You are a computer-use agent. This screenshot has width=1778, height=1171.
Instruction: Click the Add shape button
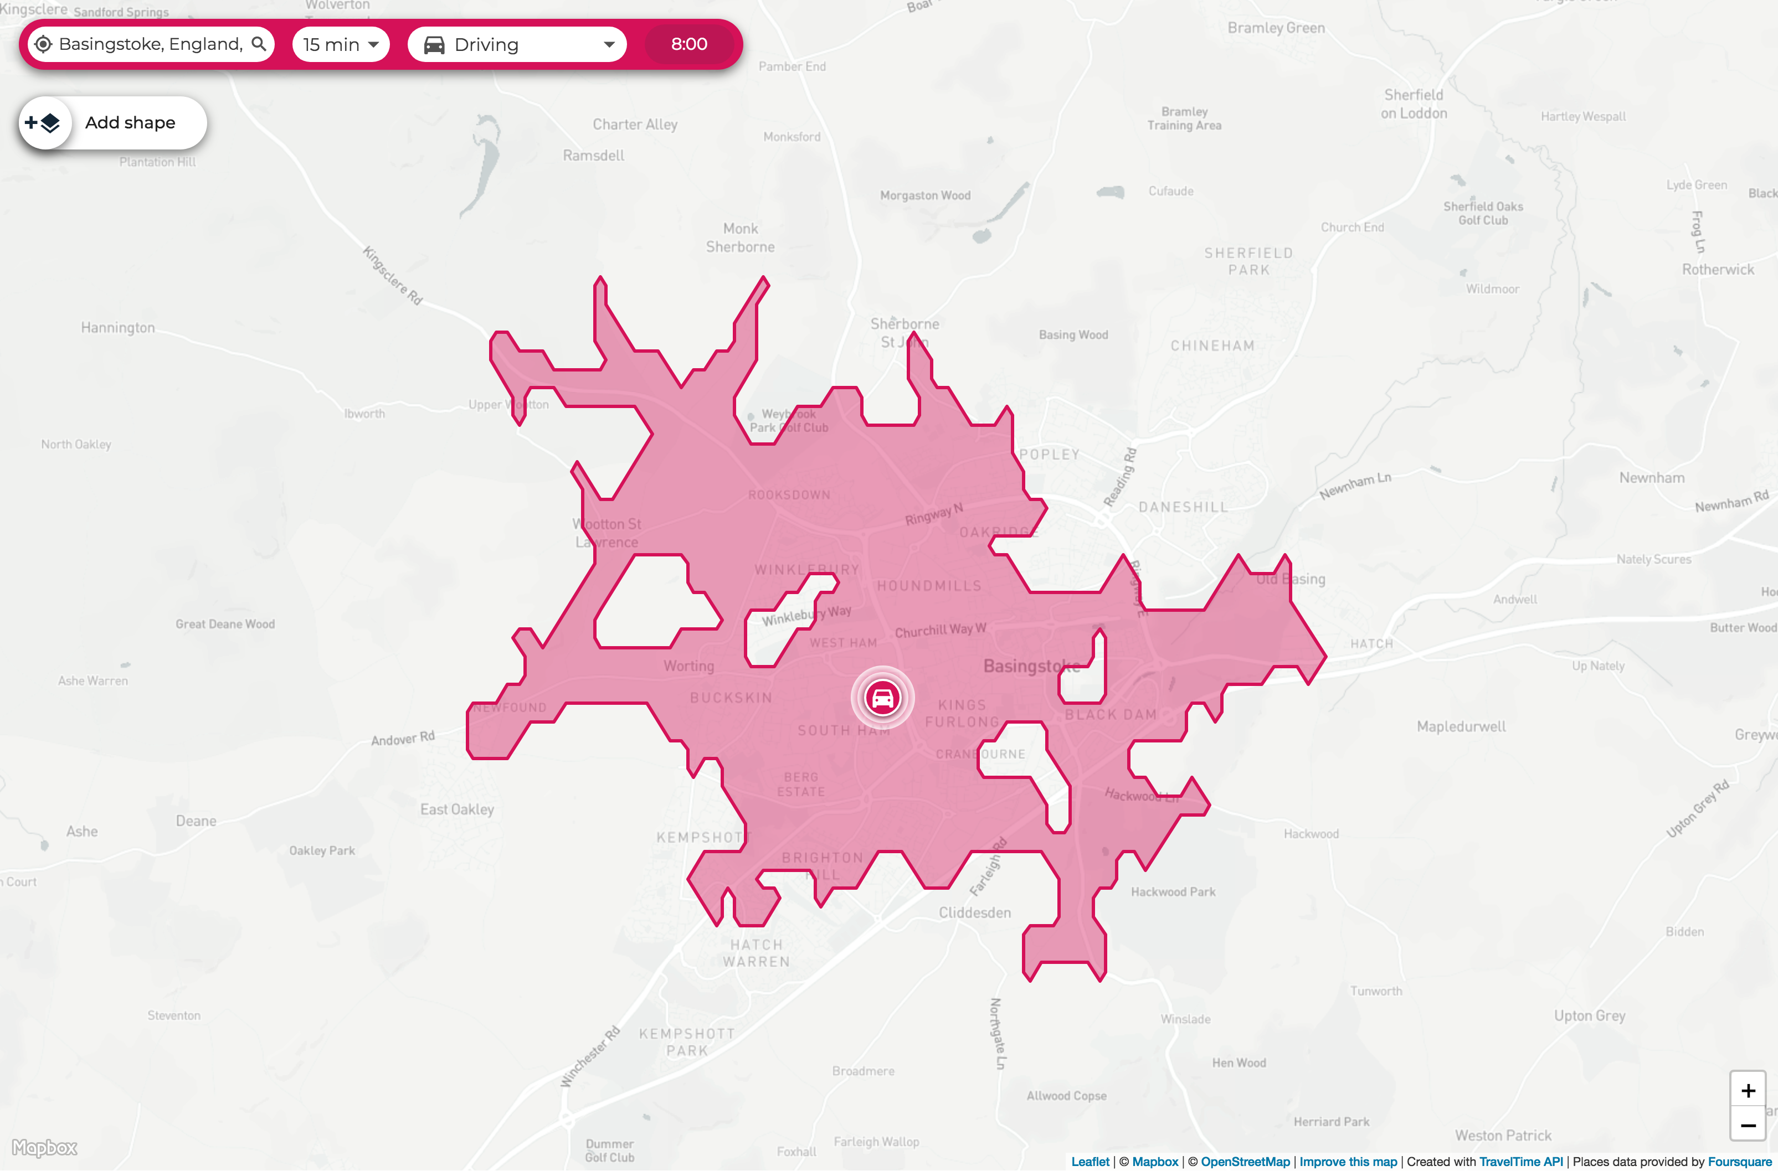click(113, 122)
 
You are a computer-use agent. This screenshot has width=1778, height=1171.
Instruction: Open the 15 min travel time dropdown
click(341, 45)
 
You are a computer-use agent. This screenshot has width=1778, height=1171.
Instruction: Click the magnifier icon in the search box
click(259, 44)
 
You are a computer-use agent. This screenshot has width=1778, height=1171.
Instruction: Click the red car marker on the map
click(882, 698)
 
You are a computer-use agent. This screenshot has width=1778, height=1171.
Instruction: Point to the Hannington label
click(118, 327)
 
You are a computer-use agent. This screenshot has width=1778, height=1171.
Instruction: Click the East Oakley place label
click(456, 809)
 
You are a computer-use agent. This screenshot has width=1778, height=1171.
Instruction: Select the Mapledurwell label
click(1461, 726)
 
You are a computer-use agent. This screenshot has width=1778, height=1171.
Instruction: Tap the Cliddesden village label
click(974, 912)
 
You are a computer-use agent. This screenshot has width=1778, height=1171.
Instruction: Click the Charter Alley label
click(635, 124)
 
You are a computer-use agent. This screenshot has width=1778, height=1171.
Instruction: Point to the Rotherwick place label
click(1718, 270)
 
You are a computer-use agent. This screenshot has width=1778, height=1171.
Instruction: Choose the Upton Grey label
click(1589, 1015)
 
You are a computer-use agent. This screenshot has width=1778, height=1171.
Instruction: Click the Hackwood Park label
click(1173, 892)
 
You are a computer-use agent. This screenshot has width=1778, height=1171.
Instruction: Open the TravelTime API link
click(1520, 1161)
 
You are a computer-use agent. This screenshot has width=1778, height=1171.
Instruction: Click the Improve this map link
click(1348, 1161)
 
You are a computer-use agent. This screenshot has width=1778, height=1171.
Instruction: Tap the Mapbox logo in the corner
click(45, 1148)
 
